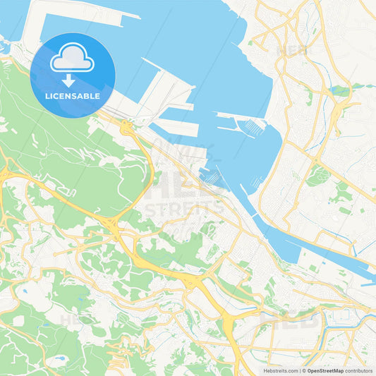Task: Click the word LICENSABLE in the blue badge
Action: point(73,95)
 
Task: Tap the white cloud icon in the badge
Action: point(72,59)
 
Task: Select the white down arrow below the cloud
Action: point(68,80)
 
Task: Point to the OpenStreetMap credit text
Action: point(325,370)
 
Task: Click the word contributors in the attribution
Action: point(359,370)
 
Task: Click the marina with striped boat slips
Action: point(253,127)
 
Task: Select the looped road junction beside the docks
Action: point(126,128)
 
